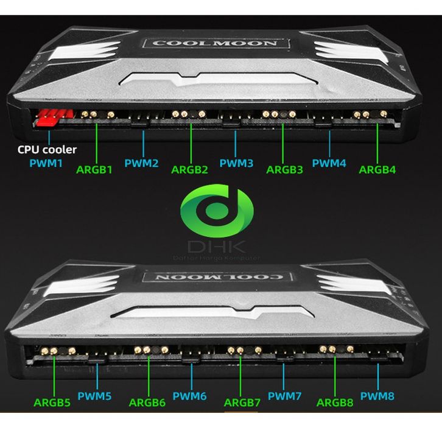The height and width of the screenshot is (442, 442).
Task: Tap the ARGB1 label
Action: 94,169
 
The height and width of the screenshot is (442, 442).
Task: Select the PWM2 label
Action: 141,163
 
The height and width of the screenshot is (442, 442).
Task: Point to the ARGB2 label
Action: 189,169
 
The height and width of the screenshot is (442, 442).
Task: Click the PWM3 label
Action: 236,163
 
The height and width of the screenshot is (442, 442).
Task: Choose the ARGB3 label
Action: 284,169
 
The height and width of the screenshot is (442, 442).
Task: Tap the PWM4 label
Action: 329,163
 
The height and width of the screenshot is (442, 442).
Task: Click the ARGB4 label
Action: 377,169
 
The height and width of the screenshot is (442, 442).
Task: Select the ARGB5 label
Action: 52,402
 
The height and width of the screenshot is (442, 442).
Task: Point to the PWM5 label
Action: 94,396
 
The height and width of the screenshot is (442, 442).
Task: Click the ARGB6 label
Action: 147,402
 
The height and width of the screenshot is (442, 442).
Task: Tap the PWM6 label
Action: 189,396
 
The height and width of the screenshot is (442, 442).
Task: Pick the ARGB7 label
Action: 242,402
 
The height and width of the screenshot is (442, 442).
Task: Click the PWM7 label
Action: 284,396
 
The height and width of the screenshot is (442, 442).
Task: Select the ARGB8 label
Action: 335,402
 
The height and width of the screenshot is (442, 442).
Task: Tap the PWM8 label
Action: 377,396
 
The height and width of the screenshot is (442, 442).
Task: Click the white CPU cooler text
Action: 47,149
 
